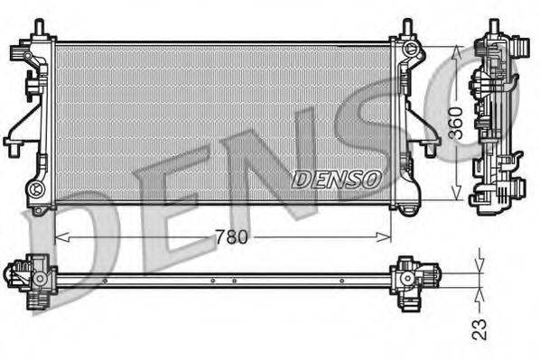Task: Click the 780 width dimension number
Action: click(232, 237)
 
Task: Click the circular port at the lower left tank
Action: click(36, 189)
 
